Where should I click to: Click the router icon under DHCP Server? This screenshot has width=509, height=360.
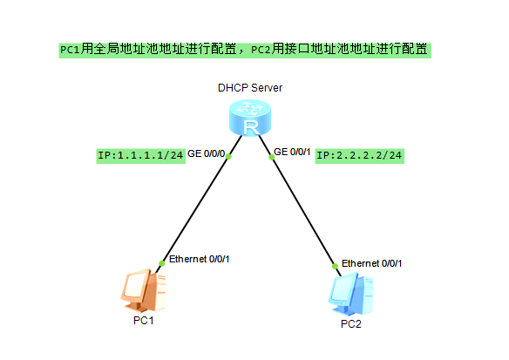tap(250, 119)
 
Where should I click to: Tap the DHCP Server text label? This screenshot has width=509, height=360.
tap(250, 88)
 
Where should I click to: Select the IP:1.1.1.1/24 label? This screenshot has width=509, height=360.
tap(140, 155)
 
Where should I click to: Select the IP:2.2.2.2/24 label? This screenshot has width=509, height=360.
tap(360, 155)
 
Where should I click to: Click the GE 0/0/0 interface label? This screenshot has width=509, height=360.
tap(207, 154)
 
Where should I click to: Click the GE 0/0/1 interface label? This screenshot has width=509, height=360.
tap(293, 153)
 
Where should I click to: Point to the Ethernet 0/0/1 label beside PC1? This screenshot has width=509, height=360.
tap(199, 259)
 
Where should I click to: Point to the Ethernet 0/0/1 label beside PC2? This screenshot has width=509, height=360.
tap(372, 263)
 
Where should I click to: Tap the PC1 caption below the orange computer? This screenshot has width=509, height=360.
tap(143, 322)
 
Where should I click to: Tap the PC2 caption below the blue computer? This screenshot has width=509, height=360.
tap(350, 325)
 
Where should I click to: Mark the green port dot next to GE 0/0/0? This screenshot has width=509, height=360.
tap(229, 158)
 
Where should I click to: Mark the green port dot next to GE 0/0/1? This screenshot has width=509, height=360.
tap(271, 158)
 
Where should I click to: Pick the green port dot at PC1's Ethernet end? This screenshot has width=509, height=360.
tap(162, 262)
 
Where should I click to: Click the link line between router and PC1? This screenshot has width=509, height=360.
tap(196, 209)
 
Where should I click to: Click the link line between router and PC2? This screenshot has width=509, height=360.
tap(302, 212)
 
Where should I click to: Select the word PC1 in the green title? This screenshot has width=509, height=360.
tap(70, 50)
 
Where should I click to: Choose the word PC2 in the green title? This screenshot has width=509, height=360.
tap(261, 50)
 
